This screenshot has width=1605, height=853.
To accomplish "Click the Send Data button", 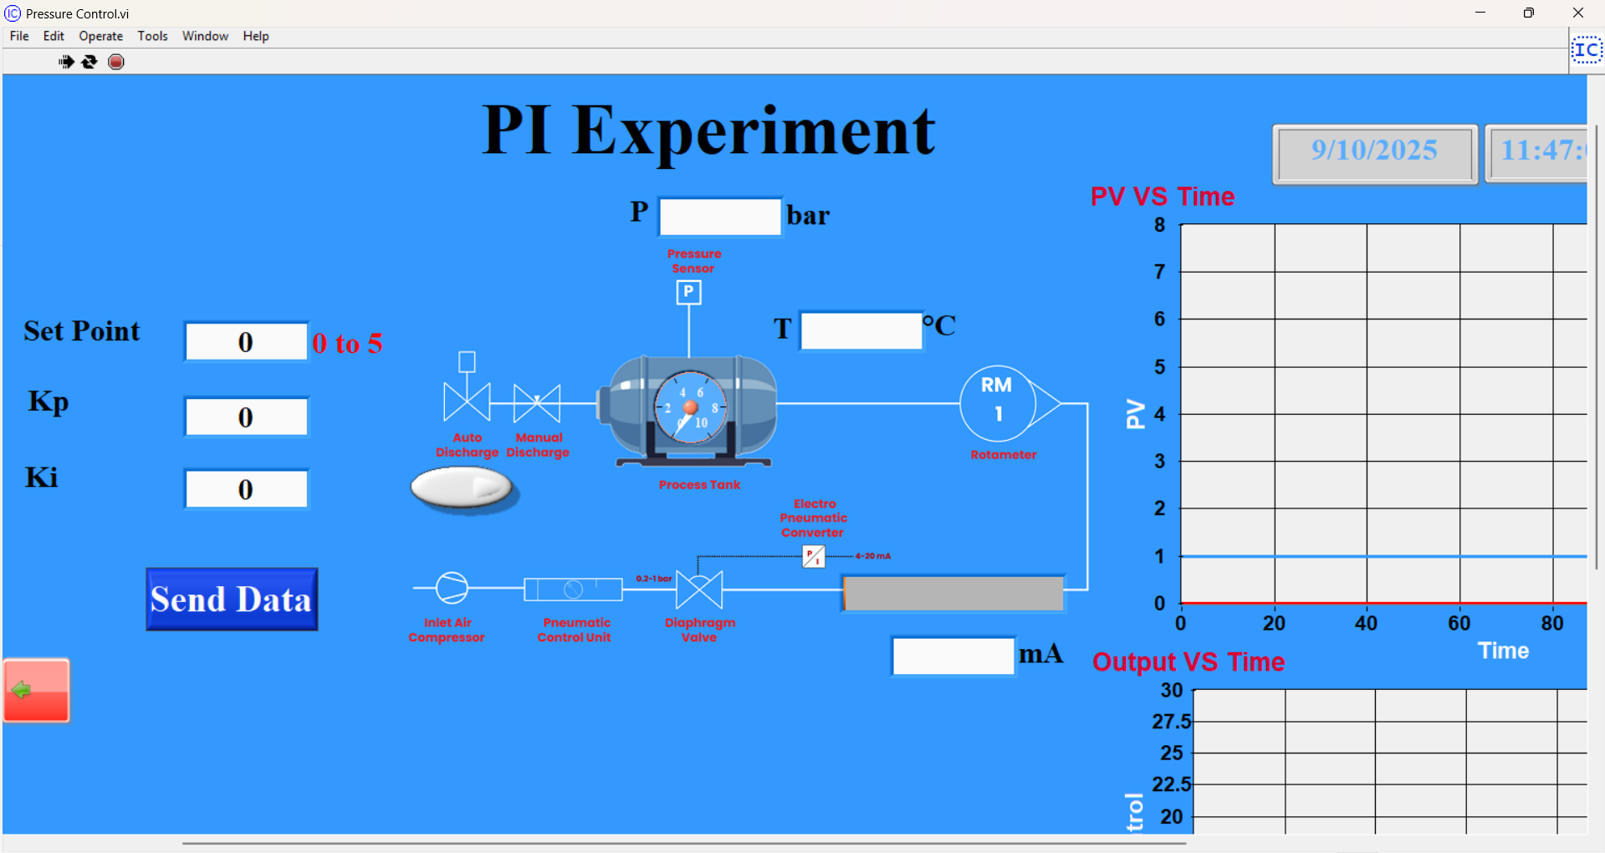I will (x=232, y=600).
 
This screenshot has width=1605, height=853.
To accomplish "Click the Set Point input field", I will (x=246, y=342).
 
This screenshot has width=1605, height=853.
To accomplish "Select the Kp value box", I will (x=246, y=417).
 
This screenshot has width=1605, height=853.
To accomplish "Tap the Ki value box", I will (x=246, y=489).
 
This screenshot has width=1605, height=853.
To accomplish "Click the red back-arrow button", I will (x=36, y=691).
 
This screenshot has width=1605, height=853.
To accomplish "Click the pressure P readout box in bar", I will (x=720, y=217).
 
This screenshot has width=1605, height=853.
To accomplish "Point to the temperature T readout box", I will (x=861, y=330).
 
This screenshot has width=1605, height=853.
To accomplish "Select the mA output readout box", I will (x=953, y=656).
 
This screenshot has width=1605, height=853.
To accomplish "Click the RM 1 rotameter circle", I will (x=997, y=403).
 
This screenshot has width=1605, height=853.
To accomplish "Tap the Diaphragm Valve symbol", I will (x=699, y=590).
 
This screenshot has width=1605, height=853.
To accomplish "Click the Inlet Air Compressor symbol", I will (x=452, y=588).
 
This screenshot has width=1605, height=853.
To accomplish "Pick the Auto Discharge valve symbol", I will (x=467, y=402).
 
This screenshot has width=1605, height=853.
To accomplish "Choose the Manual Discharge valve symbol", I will (x=537, y=403).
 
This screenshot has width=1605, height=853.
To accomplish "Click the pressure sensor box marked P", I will (x=688, y=292).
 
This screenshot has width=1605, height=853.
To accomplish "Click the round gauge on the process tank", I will (x=690, y=408).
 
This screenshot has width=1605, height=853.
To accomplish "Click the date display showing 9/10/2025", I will (x=1374, y=151).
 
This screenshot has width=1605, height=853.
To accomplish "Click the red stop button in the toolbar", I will (x=116, y=62).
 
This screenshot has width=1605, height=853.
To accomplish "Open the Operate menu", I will (x=100, y=36).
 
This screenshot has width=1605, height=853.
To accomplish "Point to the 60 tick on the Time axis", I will (x=1459, y=623).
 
